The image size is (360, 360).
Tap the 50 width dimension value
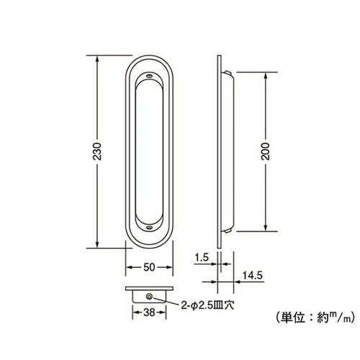(150, 267)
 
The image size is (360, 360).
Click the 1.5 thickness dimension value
(201, 256)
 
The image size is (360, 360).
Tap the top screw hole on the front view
(150, 74)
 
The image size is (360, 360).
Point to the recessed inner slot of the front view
(150, 151)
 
